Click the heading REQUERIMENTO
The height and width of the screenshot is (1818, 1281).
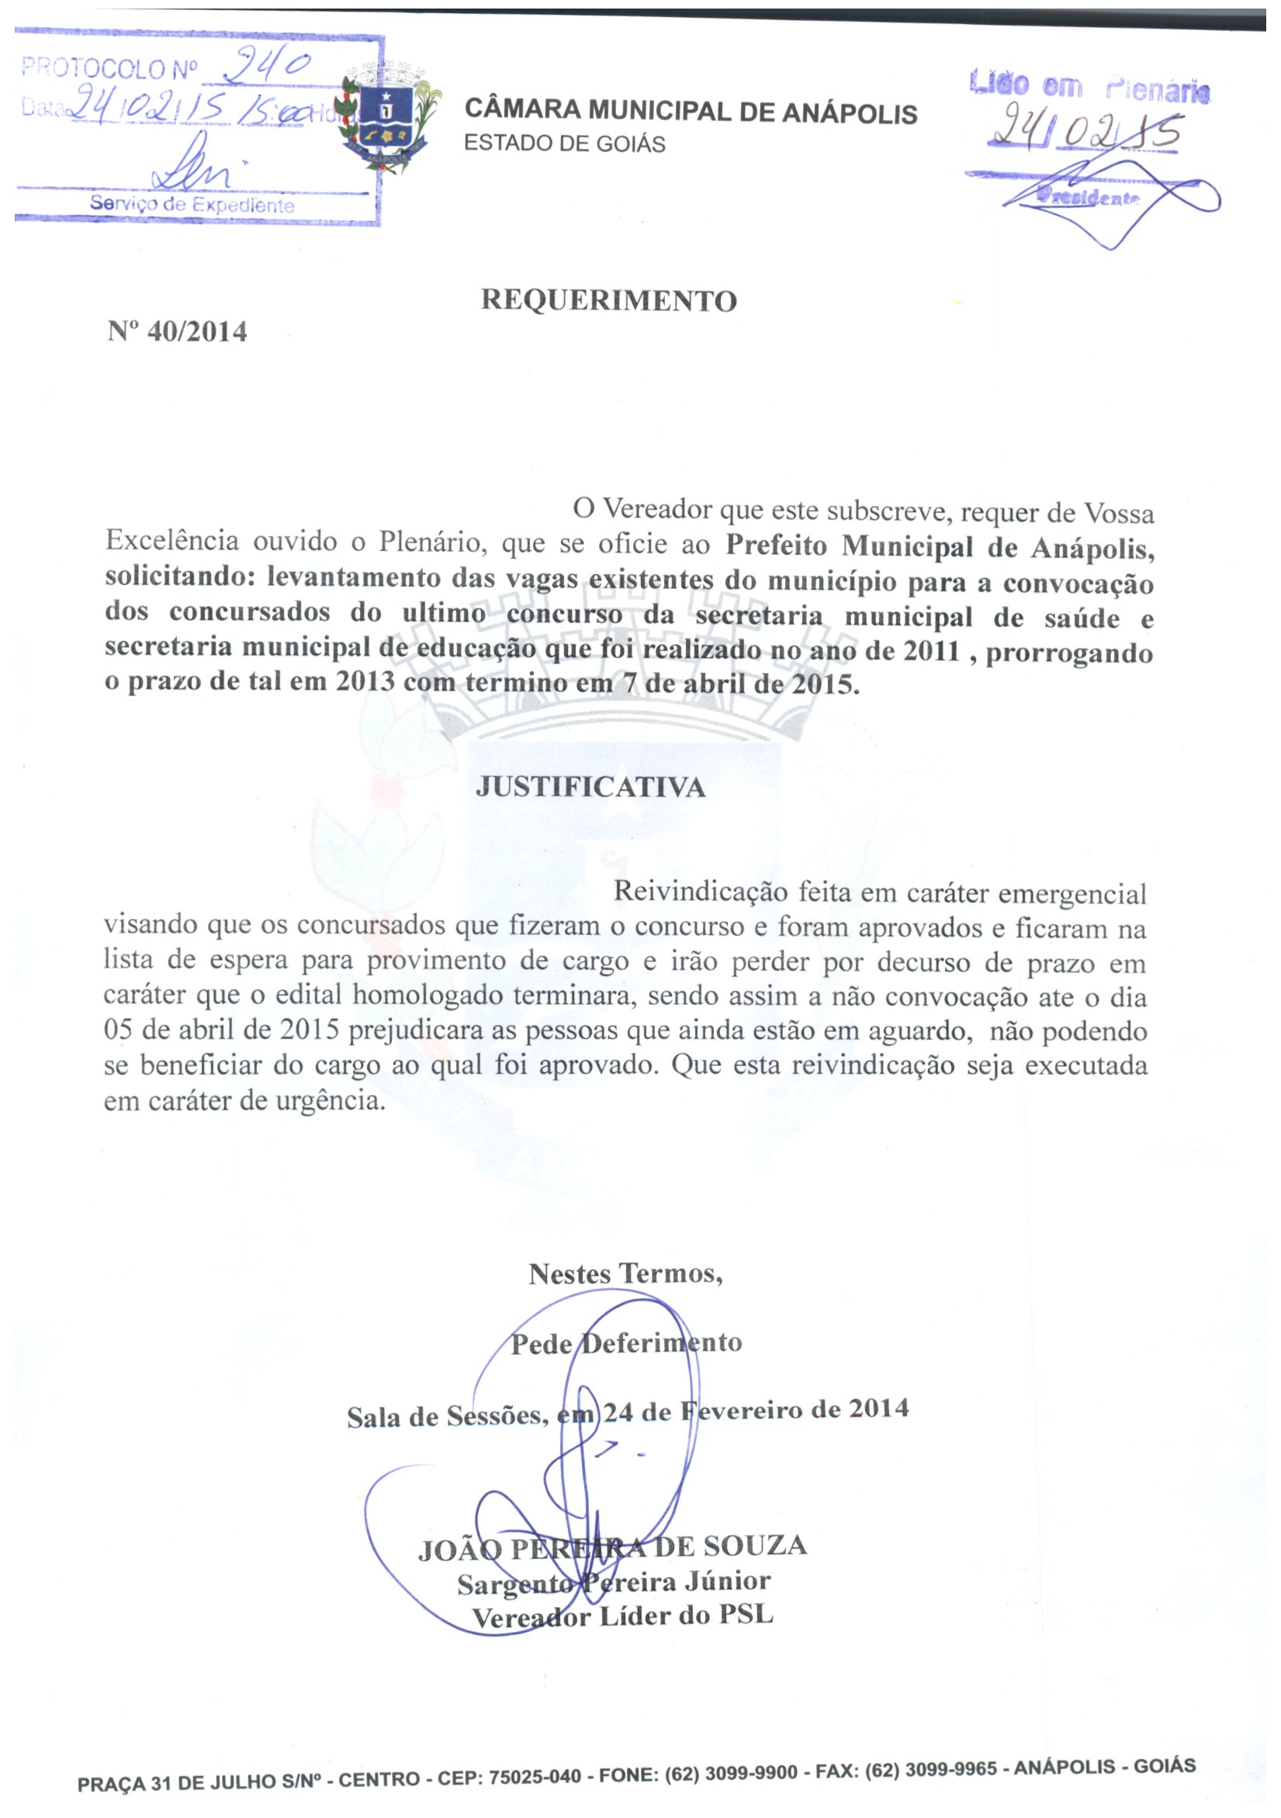[609, 301]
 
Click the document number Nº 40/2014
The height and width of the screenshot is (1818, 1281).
[178, 331]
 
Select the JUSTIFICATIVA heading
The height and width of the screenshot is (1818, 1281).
[590, 787]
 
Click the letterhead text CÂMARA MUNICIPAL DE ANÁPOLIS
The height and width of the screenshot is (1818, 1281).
[691, 112]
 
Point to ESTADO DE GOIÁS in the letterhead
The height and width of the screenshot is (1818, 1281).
[565, 144]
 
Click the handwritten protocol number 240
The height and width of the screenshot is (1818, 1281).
[265, 68]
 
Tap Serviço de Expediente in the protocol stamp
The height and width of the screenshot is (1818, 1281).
[192, 204]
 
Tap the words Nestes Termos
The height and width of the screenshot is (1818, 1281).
[625, 1274]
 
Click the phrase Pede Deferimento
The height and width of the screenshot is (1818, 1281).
[626, 1343]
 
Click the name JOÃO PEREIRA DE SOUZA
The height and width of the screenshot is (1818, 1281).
[612, 1547]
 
